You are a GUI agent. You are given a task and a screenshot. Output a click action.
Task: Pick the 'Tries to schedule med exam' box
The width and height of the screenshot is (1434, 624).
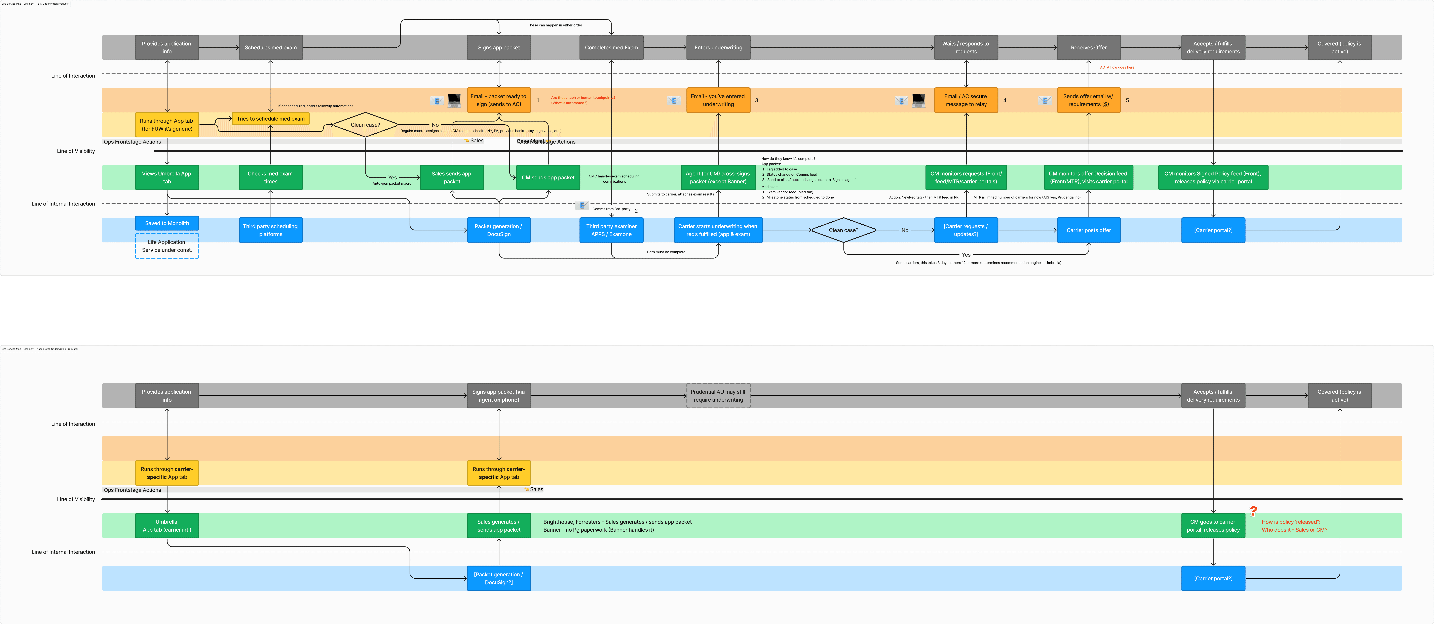[271, 119]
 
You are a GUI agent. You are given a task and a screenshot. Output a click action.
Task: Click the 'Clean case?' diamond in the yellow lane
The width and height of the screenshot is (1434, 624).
[365, 125]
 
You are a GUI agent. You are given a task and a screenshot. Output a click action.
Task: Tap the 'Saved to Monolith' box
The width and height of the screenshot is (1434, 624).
[167, 223]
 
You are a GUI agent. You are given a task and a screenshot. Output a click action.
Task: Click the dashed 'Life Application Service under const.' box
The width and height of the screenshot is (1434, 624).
[167, 246]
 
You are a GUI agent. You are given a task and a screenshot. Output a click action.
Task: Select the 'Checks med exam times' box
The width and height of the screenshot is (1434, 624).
[271, 177]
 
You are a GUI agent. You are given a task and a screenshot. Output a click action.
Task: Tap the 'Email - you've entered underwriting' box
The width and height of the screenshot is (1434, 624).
[718, 100]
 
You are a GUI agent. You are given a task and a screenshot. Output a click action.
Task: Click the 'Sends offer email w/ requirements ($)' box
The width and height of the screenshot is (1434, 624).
[1088, 100]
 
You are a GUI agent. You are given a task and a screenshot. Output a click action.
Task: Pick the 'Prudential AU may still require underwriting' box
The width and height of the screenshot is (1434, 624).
[718, 395]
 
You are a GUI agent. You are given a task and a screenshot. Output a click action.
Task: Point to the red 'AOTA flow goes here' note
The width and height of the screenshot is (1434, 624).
[1117, 67]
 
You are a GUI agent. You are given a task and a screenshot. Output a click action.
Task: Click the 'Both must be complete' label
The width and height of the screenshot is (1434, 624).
[666, 252]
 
